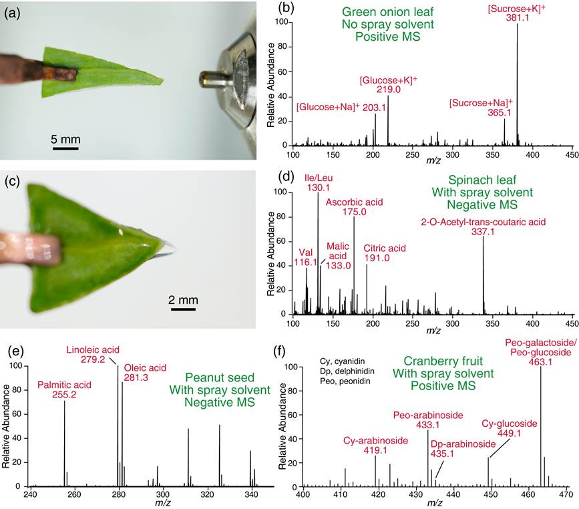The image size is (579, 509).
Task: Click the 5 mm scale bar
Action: (x=66, y=148)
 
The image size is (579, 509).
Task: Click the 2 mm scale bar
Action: (x=183, y=309)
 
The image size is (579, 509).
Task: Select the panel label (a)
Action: (x=13, y=13)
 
